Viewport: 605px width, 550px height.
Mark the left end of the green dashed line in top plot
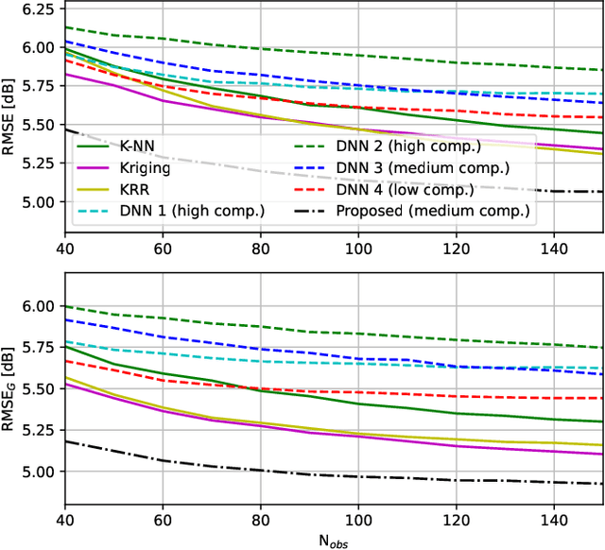(63, 27)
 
